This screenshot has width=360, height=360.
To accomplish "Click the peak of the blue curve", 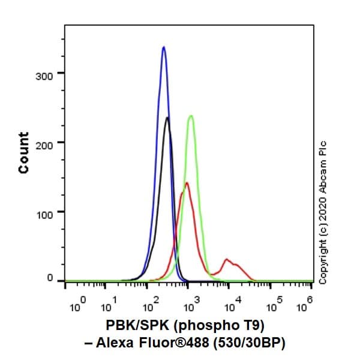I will (163, 47).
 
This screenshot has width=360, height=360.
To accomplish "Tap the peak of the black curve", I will (167, 118).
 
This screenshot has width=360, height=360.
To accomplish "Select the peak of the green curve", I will (191, 116).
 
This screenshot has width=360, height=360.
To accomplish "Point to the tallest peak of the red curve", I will (187, 183).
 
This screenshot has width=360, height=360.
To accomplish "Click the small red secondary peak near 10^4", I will (227, 259).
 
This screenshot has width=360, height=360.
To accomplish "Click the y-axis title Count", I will (23, 153).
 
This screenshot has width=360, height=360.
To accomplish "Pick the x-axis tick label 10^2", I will (151, 305).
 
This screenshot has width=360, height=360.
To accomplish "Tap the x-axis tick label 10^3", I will (192, 305).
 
